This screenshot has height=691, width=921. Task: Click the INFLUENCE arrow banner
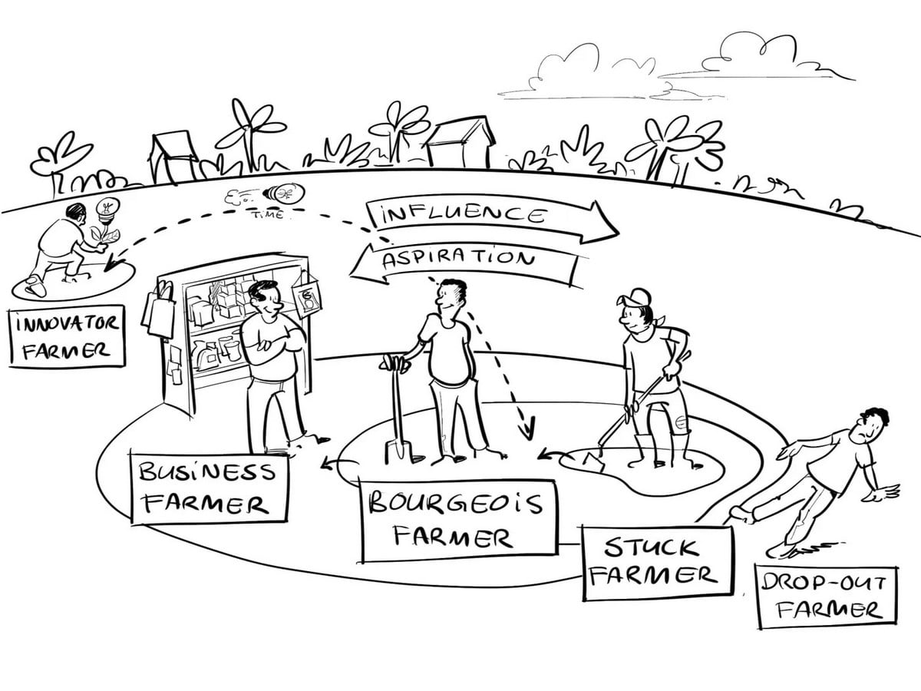(x=491, y=217)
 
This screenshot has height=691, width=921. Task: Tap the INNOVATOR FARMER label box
(x=67, y=336)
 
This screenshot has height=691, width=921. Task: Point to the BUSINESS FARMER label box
(x=209, y=489)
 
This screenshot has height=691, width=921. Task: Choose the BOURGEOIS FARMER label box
(x=458, y=521)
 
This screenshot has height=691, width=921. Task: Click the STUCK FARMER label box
(x=657, y=562)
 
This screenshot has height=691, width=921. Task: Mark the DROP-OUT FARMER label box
(x=826, y=597)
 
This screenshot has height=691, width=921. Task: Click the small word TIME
(x=267, y=215)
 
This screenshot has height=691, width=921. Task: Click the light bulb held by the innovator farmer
(x=108, y=210)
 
